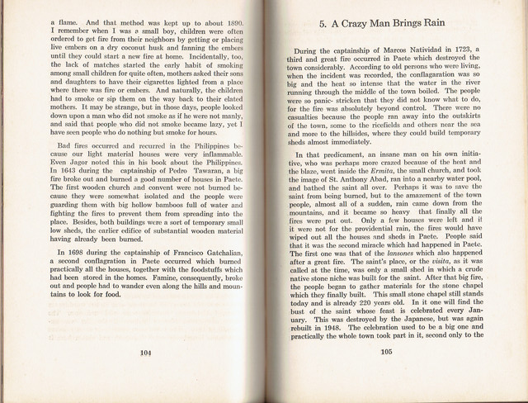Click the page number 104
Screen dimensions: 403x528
pyautogui.click(x=148, y=375)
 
